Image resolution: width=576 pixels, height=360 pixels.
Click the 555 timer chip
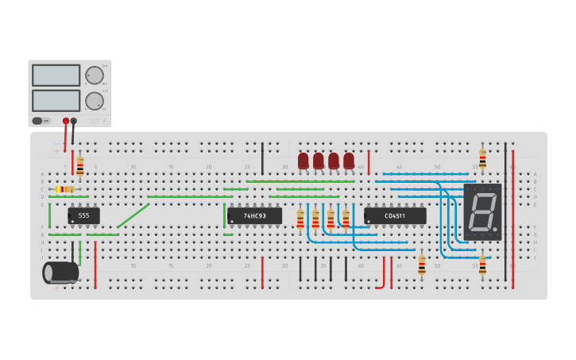pos(83,215)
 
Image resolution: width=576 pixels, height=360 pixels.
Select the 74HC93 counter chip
pos(254,215)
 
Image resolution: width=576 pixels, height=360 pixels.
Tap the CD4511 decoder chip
pos(395,215)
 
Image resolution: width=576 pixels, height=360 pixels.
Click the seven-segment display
pos(482,211)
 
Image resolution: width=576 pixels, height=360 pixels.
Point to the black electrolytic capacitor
pos(60,273)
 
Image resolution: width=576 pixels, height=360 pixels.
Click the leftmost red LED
pos(303,161)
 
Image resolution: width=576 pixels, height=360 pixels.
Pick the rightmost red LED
pos(349,161)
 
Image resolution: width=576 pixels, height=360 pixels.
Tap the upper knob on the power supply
pos(95,75)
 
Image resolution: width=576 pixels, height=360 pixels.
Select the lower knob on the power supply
pos(95,101)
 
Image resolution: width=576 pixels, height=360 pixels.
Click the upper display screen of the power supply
pos(56,75)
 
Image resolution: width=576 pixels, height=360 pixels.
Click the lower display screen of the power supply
pos(56,100)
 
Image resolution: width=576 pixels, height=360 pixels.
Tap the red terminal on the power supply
pos(66,122)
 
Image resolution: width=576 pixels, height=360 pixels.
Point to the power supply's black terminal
pos(74,122)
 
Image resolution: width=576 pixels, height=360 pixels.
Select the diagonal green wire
pos(133,215)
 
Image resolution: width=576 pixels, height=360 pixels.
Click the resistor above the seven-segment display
pos(482,158)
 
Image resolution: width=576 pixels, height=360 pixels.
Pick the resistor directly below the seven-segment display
pos(482,264)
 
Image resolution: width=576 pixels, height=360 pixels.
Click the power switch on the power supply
pos(37,121)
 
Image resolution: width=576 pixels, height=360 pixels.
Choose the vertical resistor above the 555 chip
pos(80,167)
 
